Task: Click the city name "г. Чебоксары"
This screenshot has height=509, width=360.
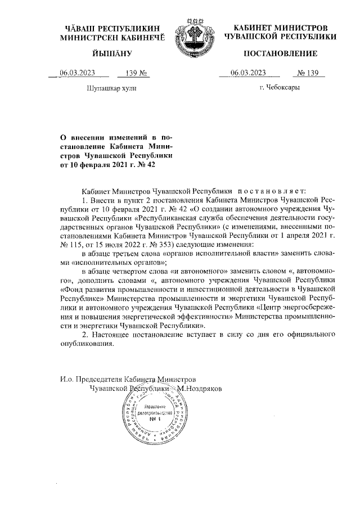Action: click(280, 88)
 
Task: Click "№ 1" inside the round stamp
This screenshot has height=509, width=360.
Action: click(152, 420)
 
